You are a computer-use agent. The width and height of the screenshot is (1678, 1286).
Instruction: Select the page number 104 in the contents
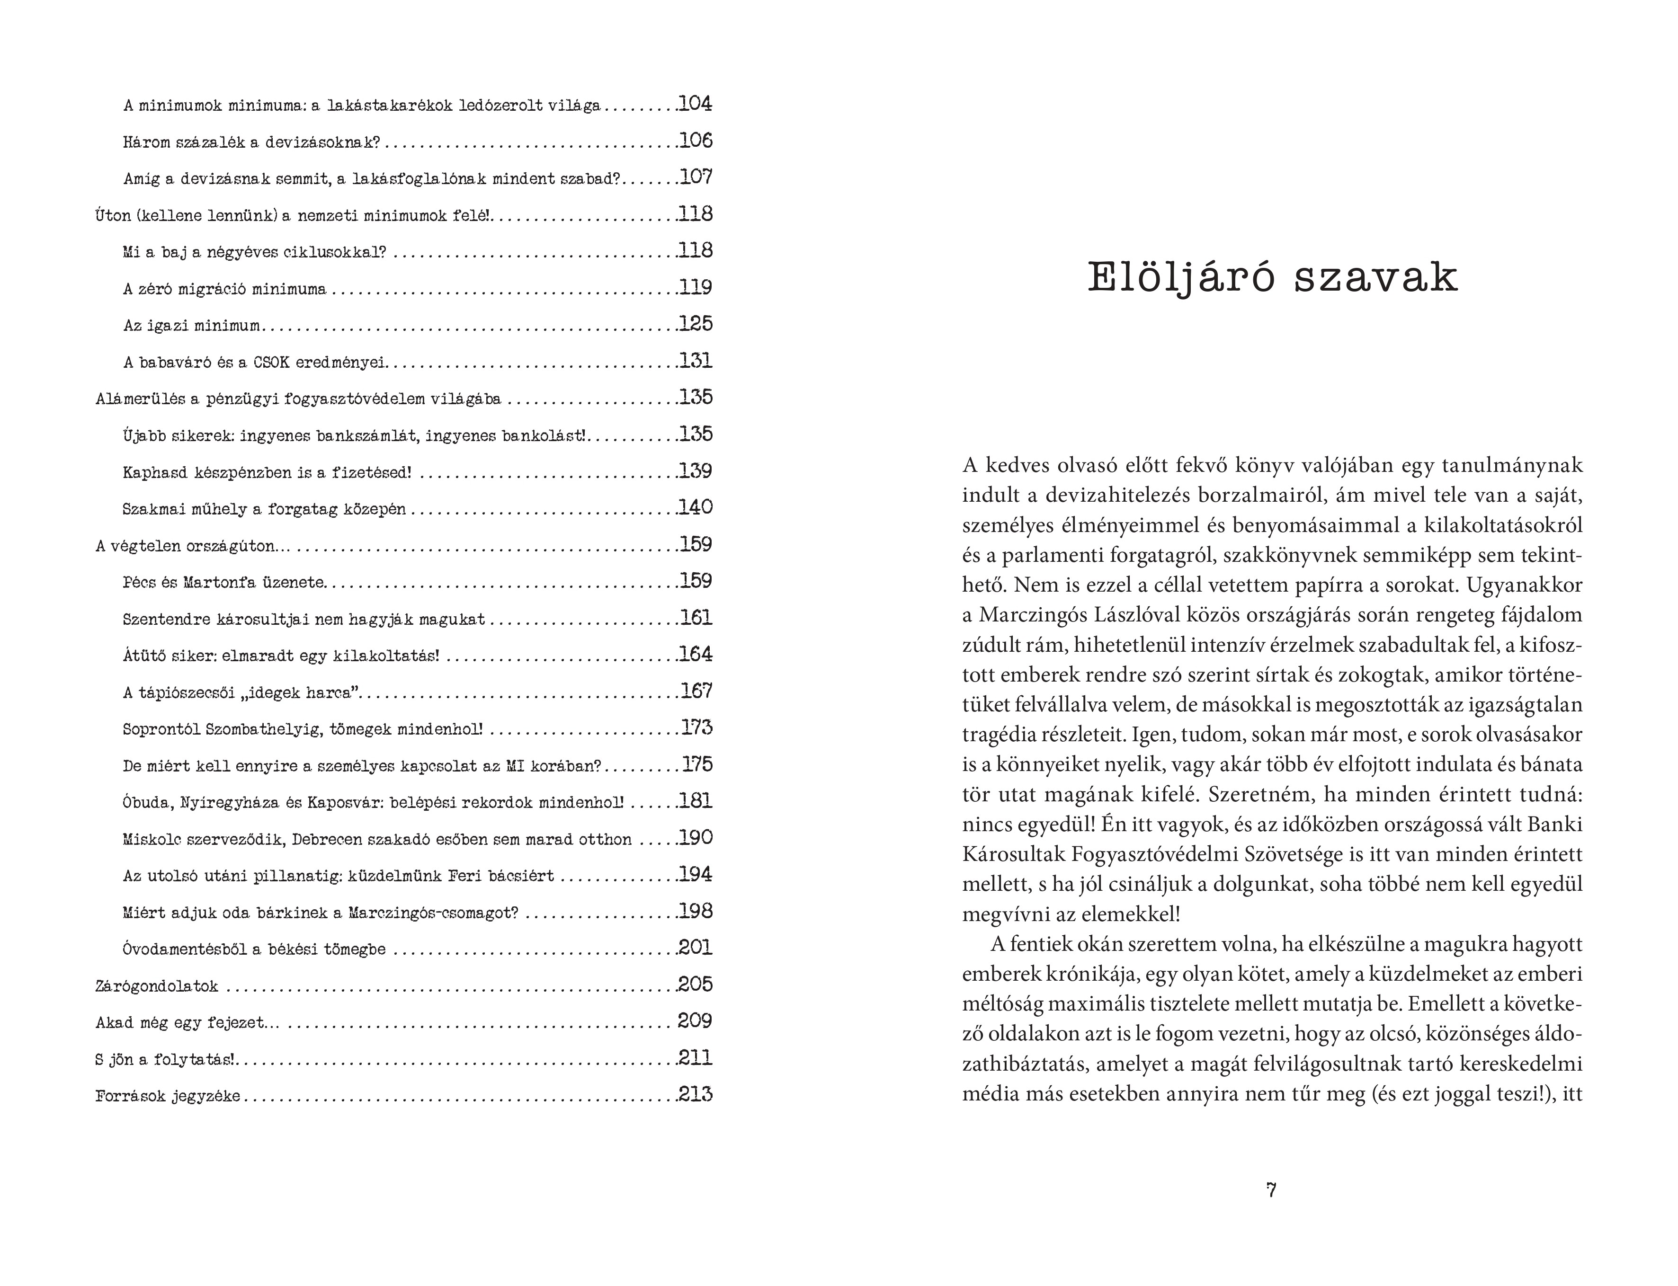[x=695, y=103]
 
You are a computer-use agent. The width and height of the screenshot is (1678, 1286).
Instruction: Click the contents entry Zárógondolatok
[x=157, y=986]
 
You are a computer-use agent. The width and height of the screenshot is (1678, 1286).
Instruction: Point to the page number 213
[x=695, y=1095]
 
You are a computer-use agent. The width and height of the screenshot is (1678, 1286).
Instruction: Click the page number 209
[x=695, y=1021]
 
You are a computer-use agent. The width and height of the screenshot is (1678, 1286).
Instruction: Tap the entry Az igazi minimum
[x=191, y=325]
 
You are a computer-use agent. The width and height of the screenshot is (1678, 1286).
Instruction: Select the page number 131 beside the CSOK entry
[x=695, y=361]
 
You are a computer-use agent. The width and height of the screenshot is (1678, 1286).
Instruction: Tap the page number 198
[x=695, y=911]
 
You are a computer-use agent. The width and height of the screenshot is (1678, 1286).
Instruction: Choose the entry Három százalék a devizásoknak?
[x=251, y=142]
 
